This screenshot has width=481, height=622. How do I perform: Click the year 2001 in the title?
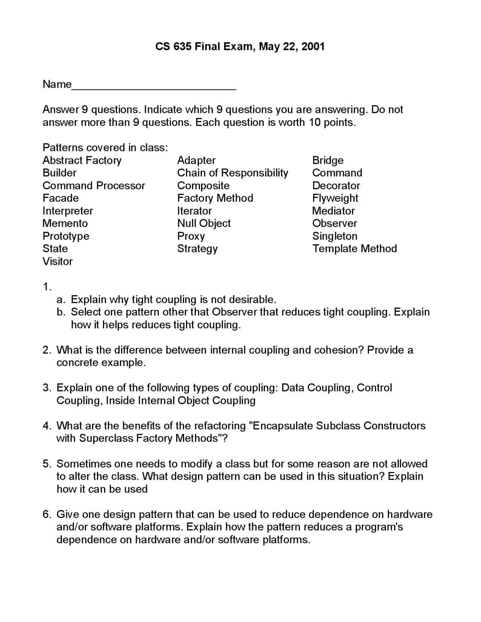coord(313,47)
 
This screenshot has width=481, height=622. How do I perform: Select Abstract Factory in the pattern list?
coord(82,160)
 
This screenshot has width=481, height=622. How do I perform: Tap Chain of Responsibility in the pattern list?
coord(233,173)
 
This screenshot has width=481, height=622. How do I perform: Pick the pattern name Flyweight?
coord(335,198)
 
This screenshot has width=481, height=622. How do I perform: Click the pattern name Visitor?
coord(57,261)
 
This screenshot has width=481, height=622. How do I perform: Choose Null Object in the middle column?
coord(204,223)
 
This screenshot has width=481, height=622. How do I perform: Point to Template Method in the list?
coord(354,248)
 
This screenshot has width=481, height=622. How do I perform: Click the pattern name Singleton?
coord(334,236)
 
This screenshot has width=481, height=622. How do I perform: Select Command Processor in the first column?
coord(94,186)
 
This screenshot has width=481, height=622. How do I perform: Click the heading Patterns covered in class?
coord(105,147)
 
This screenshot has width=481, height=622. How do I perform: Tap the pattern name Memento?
coord(65,223)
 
